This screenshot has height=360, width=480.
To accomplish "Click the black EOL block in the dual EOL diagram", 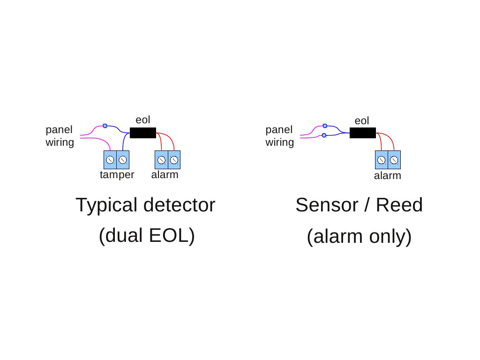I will (x=142, y=133).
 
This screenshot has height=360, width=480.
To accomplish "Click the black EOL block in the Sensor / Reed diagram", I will (x=362, y=133).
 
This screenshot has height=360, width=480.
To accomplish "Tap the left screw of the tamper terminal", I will (x=110, y=160).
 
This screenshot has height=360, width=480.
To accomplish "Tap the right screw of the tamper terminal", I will (x=123, y=160).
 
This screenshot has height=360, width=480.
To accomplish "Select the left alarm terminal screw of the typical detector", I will (x=161, y=160).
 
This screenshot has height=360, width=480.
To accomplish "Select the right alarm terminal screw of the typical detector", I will (x=174, y=160).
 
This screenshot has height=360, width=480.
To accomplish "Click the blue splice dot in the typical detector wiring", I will (x=105, y=126).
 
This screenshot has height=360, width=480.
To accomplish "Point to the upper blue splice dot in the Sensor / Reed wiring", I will (x=324, y=126).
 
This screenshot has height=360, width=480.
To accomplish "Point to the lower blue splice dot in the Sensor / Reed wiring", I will (x=324, y=135).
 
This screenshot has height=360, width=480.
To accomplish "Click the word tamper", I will (x=117, y=175).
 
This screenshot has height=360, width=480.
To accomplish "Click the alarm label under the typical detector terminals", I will (x=165, y=175).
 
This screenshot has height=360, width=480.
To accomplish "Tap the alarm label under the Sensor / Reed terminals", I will (x=388, y=176).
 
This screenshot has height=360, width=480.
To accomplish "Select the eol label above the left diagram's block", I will (x=142, y=120).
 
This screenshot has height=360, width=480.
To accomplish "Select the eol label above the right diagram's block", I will (x=362, y=121).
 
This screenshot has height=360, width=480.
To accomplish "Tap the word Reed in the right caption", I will (x=403, y=205).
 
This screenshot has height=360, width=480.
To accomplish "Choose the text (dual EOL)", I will (x=146, y=236).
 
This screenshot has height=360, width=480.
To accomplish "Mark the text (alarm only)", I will (x=359, y=237).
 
